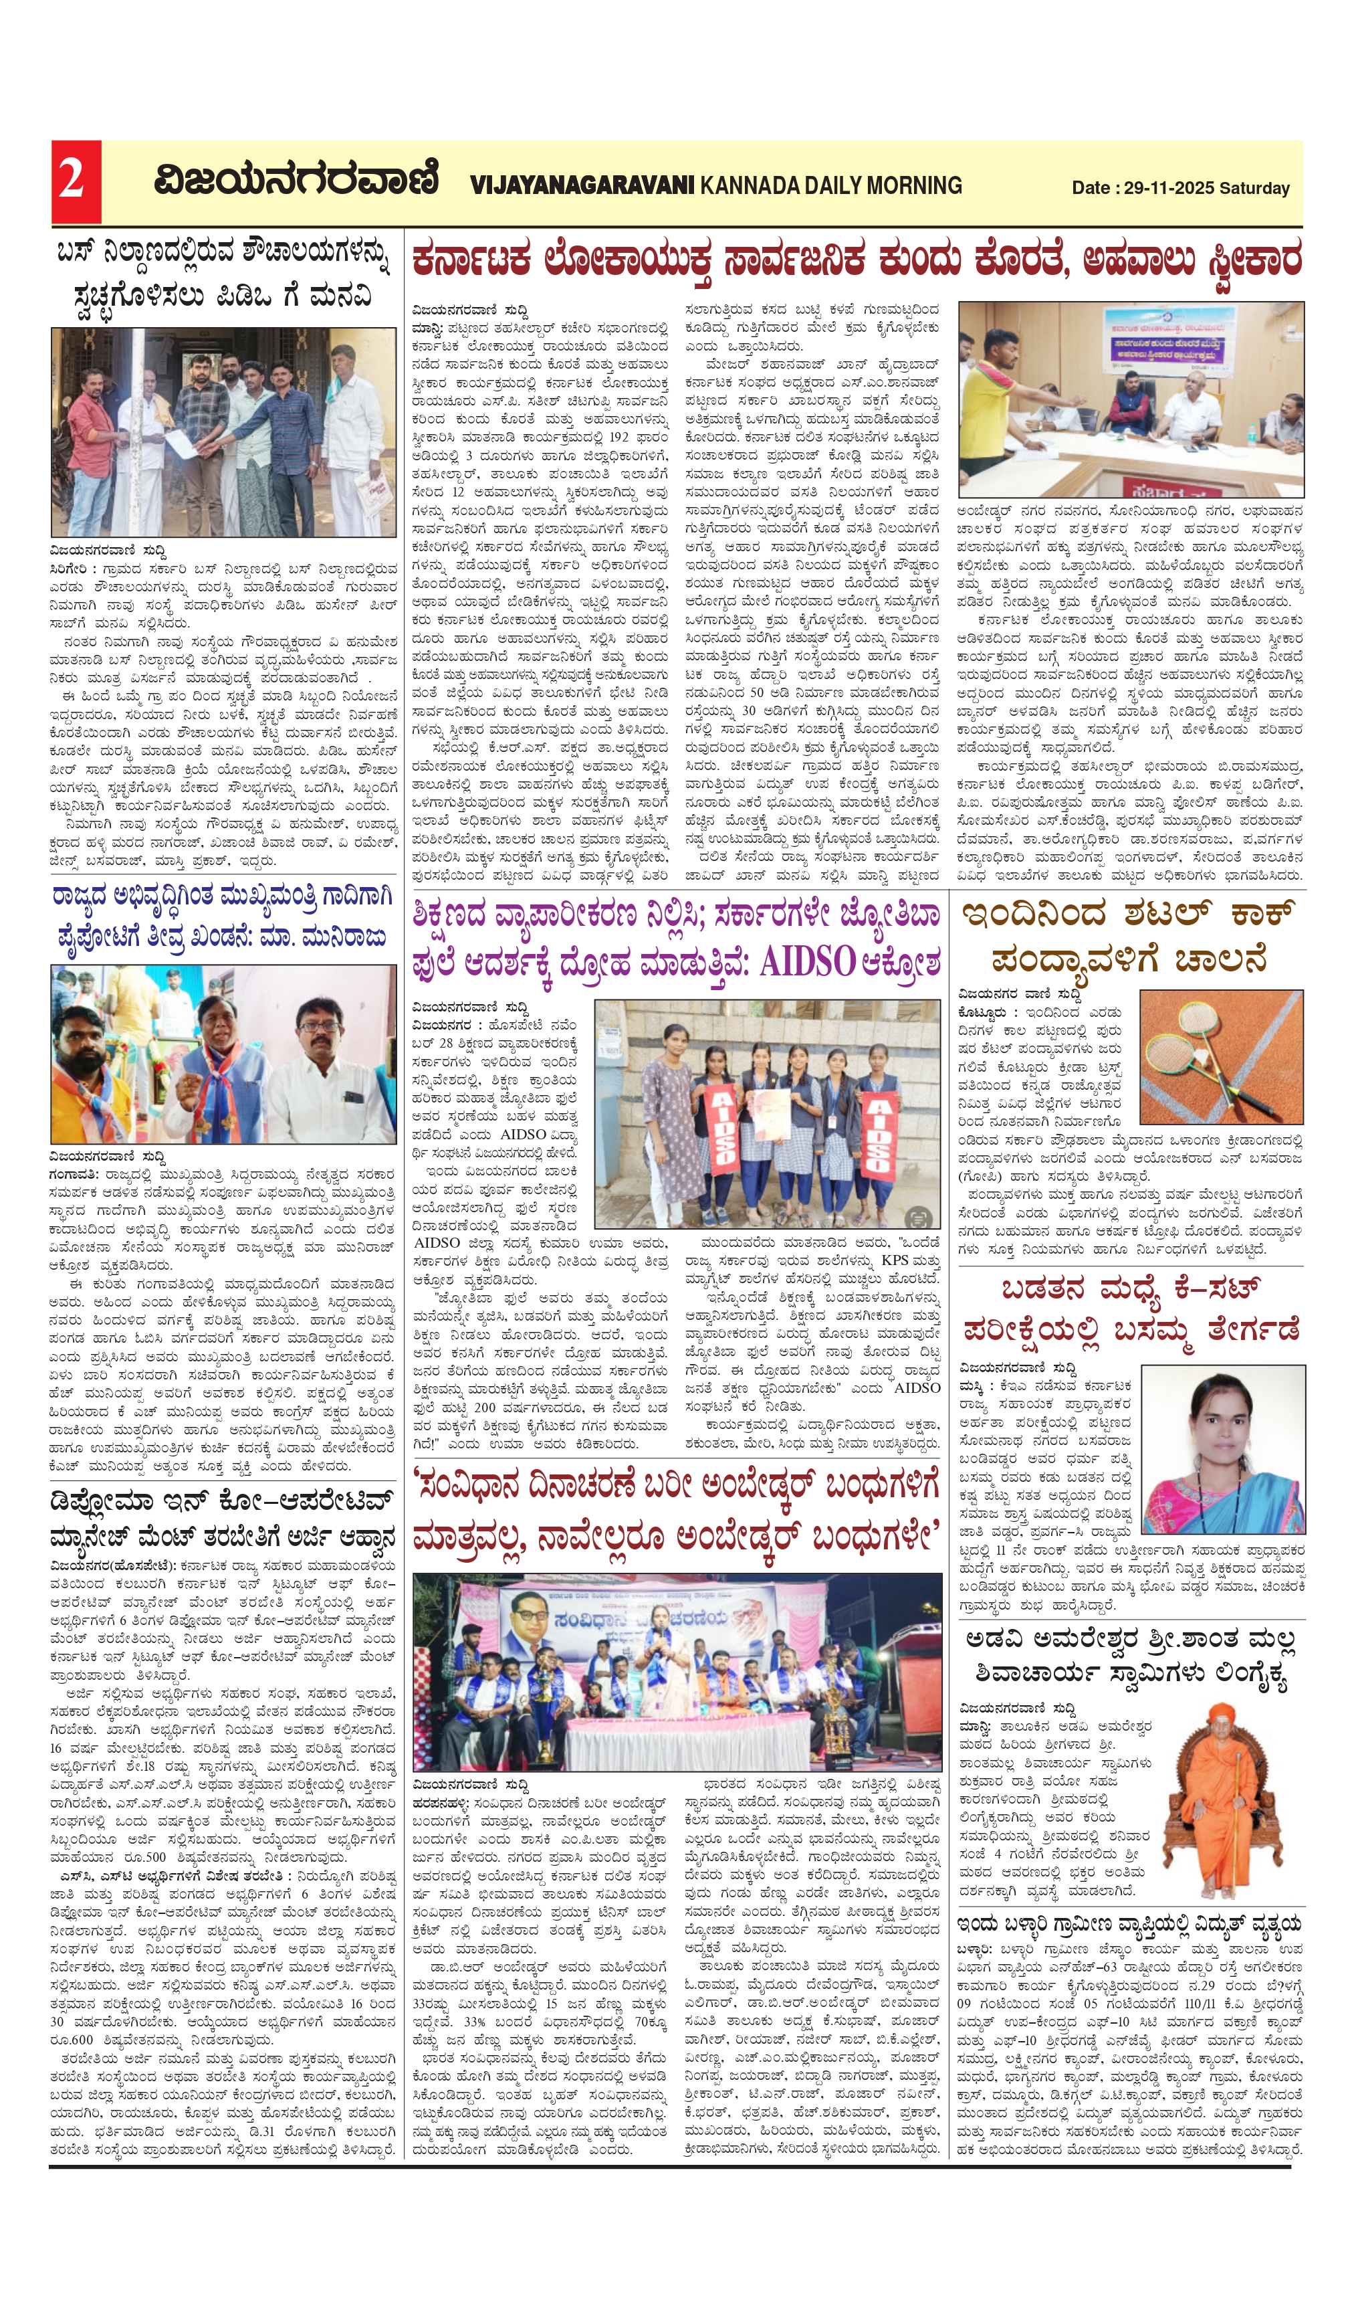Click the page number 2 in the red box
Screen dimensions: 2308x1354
point(72,181)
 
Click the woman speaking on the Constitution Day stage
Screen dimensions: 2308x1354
point(657,1662)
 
